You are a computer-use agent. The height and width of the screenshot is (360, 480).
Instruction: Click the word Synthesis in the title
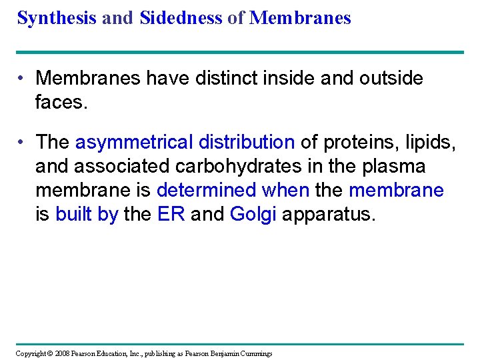(57, 18)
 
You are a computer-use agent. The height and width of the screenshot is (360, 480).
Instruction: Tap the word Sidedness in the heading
(181, 18)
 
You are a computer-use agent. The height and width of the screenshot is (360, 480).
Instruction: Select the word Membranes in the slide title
(300, 18)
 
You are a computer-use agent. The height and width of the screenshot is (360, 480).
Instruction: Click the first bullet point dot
(22, 79)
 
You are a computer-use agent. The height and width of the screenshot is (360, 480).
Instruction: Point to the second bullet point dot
(22, 142)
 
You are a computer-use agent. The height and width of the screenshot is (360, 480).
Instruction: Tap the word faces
(61, 102)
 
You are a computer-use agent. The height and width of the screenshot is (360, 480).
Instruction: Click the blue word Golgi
(253, 214)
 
